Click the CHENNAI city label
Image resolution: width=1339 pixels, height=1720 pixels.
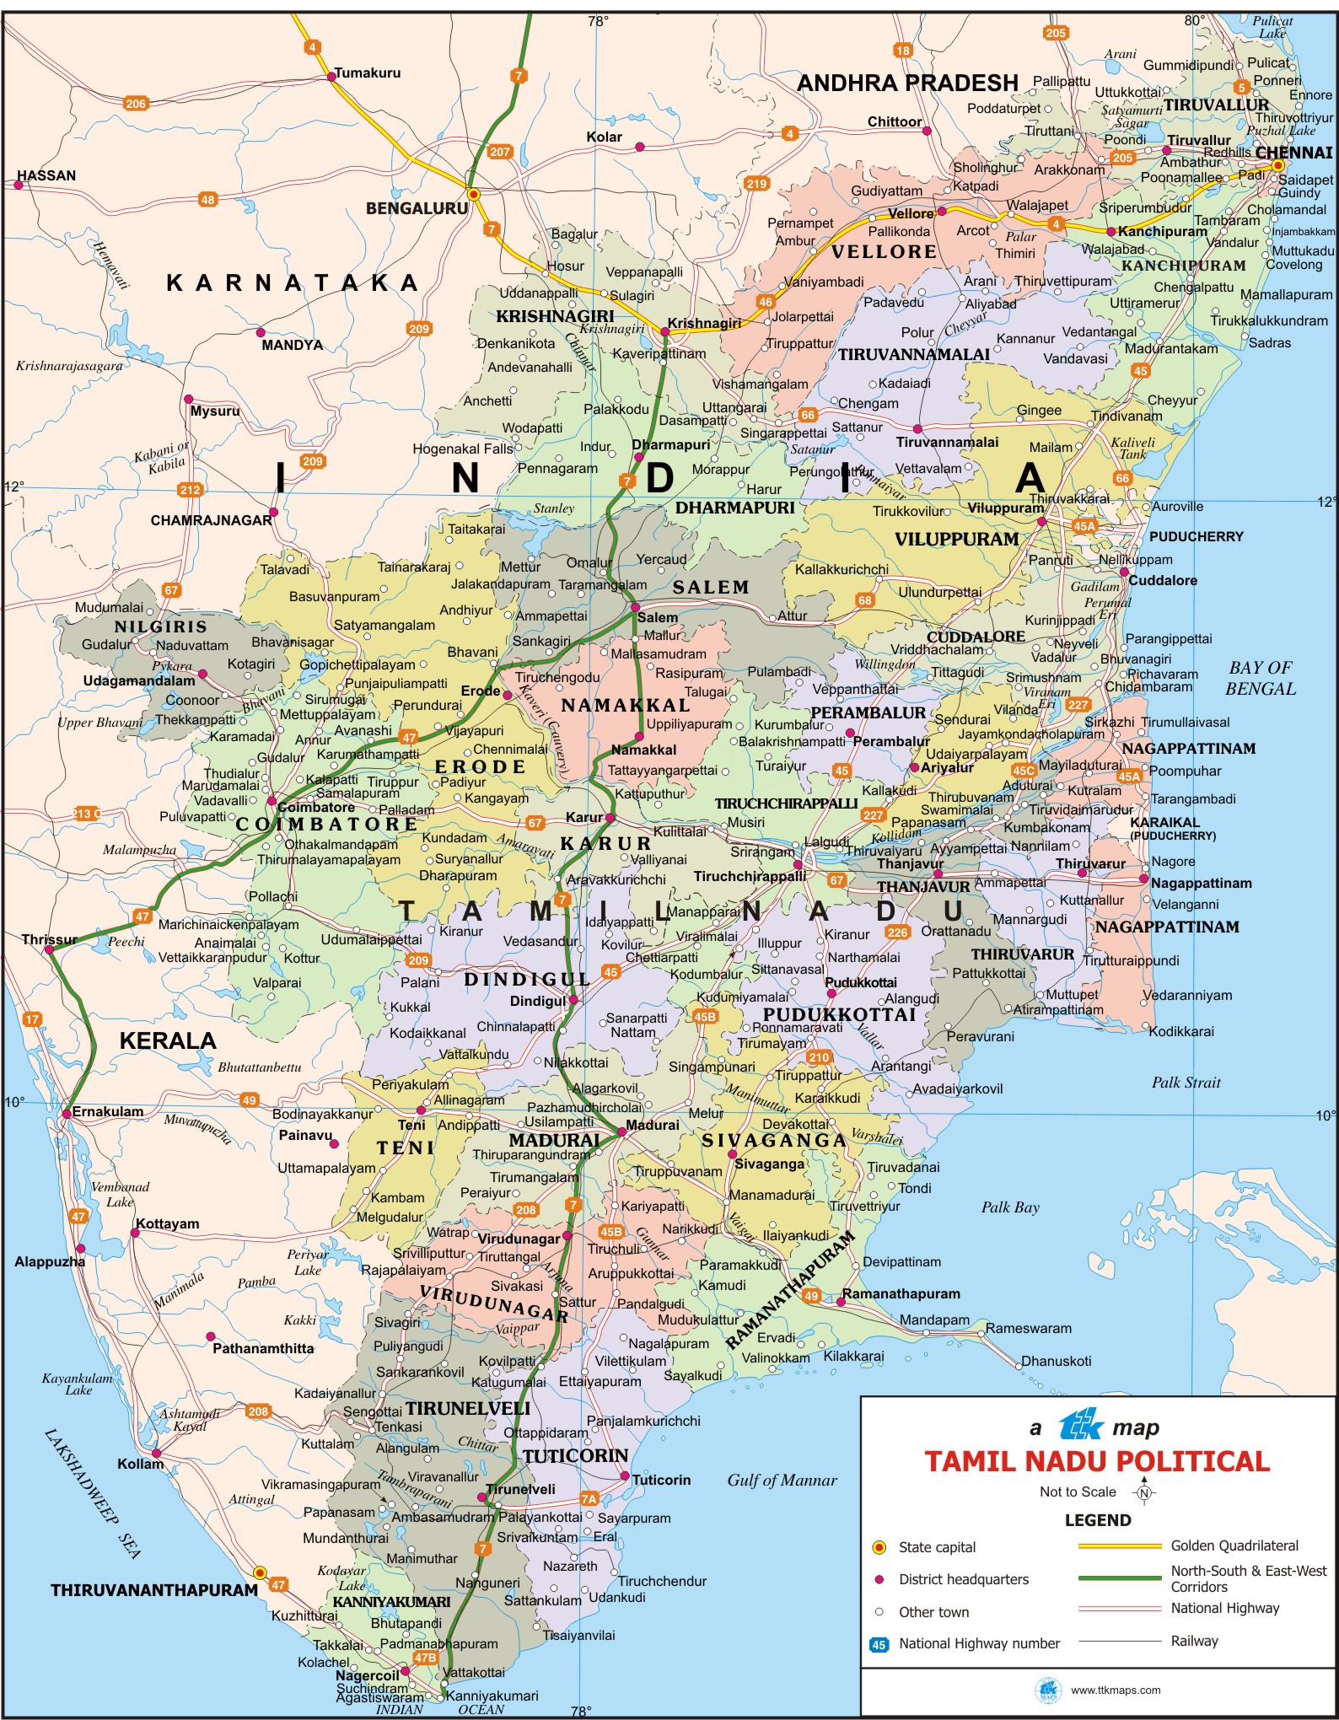(x=1293, y=153)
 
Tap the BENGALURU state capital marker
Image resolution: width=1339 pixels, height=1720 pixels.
(x=474, y=195)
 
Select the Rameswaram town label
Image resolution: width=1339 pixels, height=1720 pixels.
(x=1028, y=1328)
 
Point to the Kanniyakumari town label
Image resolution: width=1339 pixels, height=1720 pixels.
(x=492, y=1696)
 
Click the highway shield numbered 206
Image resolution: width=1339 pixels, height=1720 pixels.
(x=135, y=104)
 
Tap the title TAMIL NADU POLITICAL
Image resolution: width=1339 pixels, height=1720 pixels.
(x=1097, y=1461)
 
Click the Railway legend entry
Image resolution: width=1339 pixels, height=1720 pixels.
(x=1194, y=1641)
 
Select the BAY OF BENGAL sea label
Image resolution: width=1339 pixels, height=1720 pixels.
(x=1261, y=678)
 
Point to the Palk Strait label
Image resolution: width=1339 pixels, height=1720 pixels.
(x=1186, y=1083)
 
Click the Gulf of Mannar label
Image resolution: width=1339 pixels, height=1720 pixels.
(x=782, y=1480)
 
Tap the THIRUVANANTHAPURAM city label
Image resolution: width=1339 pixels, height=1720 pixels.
(x=153, y=1590)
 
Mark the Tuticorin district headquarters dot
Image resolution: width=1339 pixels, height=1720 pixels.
(x=625, y=1476)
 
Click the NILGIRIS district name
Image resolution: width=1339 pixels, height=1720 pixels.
(x=160, y=626)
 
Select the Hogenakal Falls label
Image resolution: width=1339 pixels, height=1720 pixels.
(x=462, y=449)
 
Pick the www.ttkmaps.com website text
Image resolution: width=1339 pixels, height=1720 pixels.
(x=1115, y=1690)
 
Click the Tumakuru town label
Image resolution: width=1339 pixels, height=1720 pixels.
(x=368, y=73)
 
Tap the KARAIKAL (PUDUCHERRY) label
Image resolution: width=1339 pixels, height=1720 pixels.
(x=1172, y=828)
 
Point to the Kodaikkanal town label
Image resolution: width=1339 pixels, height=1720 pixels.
(x=428, y=1033)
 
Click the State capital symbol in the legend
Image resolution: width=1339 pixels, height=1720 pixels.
(x=879, y=1547)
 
